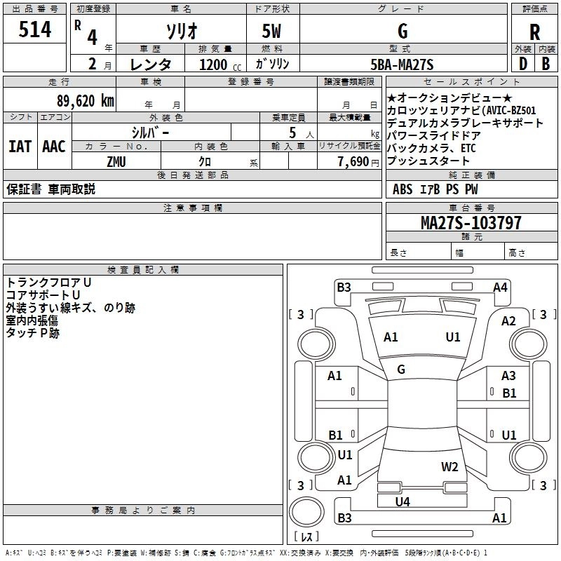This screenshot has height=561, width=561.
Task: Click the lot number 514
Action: (34, 29)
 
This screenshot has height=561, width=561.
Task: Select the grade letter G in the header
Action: (403, 31)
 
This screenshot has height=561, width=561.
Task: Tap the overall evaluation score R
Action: (534, 32)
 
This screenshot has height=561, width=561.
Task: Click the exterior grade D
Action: (523, 64)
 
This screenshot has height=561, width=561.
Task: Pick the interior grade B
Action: (546, 64)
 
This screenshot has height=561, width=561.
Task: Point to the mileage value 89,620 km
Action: (86, 101)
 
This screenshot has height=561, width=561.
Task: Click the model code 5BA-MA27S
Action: (402, 65)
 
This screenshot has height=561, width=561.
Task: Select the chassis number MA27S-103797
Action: (471, 222)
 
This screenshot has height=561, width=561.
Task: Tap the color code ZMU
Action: (116, 162)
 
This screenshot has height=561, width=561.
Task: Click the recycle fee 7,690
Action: (353, 162)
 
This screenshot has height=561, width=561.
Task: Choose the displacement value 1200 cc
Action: (220, 65)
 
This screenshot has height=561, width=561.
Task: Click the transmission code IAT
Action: (20, 147)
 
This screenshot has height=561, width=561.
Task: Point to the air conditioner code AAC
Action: (54, 147)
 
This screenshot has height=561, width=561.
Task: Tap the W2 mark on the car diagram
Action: (450, 466)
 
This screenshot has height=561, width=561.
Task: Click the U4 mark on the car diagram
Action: (403, 501)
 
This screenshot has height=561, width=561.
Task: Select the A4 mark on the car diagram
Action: (500, 287)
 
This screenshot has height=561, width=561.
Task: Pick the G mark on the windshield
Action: (401, 370)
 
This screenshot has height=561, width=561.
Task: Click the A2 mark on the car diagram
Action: (508, 321)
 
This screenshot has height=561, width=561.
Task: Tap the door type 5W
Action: (271, 31)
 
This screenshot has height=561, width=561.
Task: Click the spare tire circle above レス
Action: (306, 512)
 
